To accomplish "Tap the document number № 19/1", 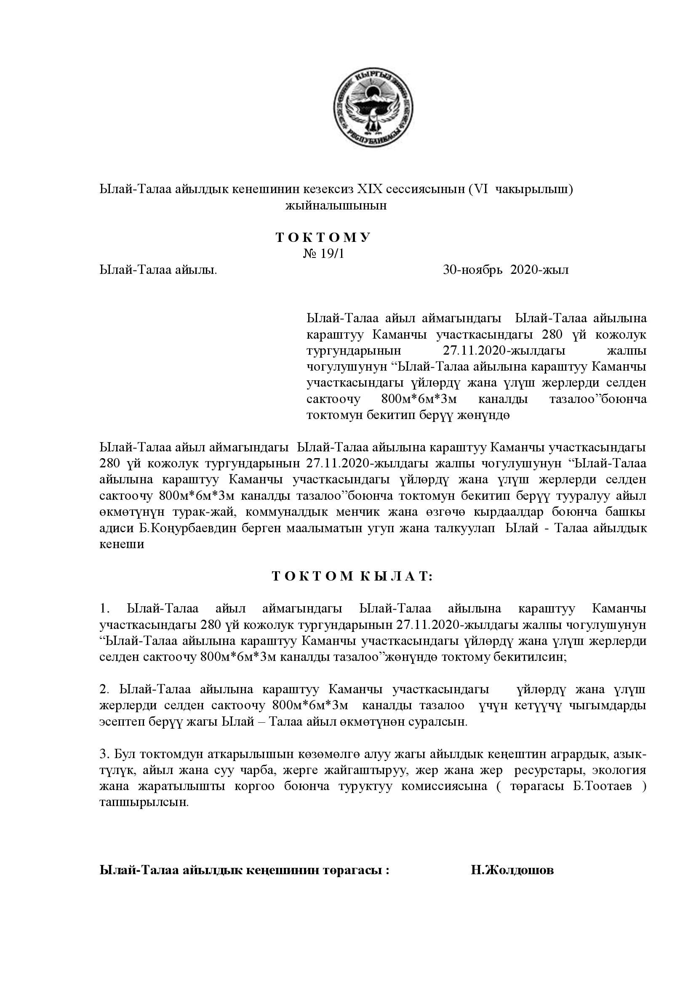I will click(323, 254).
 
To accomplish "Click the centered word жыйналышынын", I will click(336, 206).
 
